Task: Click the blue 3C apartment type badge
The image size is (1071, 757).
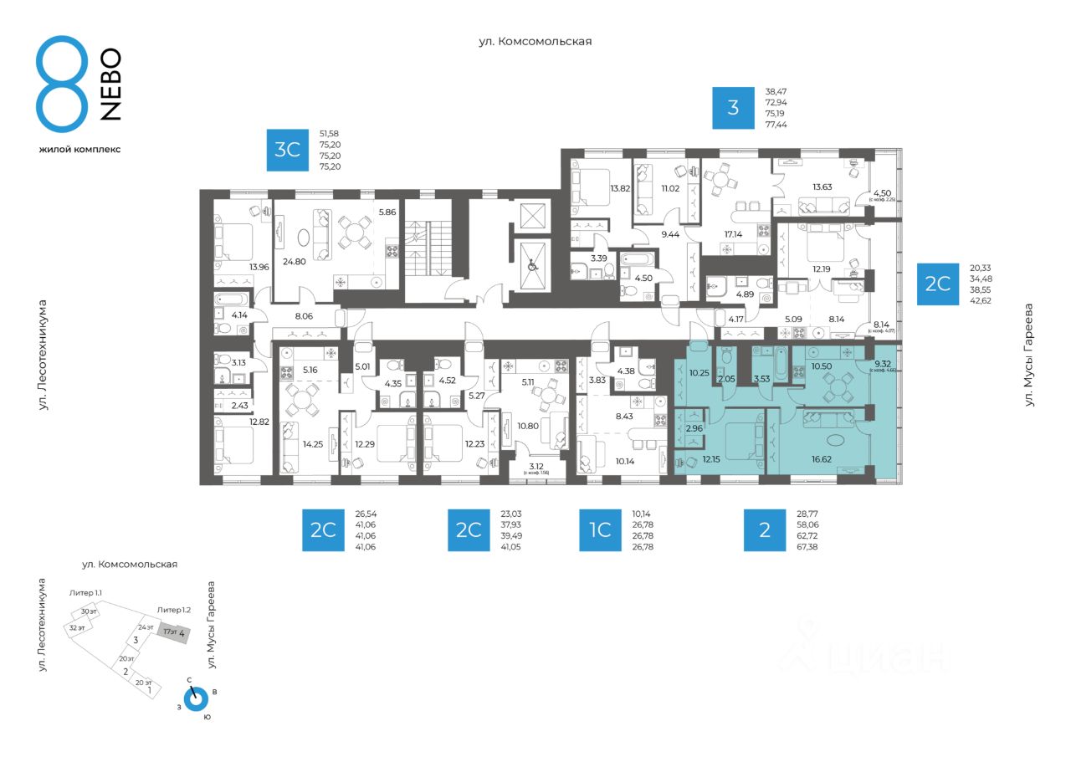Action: click(x=288, y=150)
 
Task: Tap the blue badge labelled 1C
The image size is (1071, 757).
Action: click(x=600, y=530)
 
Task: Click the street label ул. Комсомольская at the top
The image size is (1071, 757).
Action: click(x=535, y=41)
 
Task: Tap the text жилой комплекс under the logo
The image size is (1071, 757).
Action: click(x=79, y=149)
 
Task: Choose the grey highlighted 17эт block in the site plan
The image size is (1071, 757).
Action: click(x=174, y=632)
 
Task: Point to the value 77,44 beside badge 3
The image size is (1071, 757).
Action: click(x=776, y=124)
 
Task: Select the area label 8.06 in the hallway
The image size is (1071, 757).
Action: click(x=303, y=316)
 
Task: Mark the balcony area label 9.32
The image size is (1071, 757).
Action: click(x=882, y=363)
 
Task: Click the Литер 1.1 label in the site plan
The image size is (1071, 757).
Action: click(x=85, y=593)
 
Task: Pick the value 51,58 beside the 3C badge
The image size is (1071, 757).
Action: click(x=330, y=134)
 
